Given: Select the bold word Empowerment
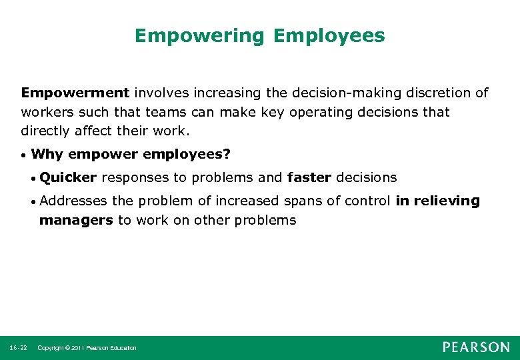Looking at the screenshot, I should [x=75, y=93].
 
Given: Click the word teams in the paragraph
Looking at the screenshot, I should [x=165, y=112].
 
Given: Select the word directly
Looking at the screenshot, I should [x=44, y=131].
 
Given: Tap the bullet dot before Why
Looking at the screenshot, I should [x=23, y=156].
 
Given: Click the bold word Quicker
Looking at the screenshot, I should [x=68, y=177].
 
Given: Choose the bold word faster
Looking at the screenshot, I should [x=309, y=177].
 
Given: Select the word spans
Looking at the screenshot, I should [x=287, y=201].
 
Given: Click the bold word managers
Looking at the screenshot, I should [x=76, y=220].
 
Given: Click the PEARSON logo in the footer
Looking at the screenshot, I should [x=476, y=347].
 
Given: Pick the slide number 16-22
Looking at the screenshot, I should [x=18, y=348].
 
